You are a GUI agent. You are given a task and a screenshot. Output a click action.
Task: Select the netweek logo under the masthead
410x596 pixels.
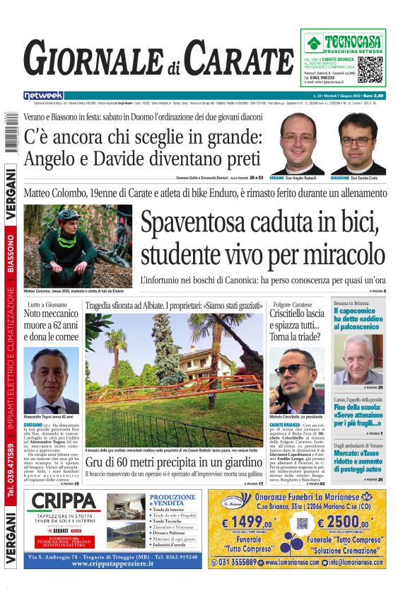pyautogui.click(x=43, y=95)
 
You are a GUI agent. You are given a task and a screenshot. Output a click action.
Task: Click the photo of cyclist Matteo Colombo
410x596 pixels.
pyautogui.click(x=78, y=245)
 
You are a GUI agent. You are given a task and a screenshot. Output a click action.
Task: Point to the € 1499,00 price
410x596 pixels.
pyautogui.click(x=252, y=524)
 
